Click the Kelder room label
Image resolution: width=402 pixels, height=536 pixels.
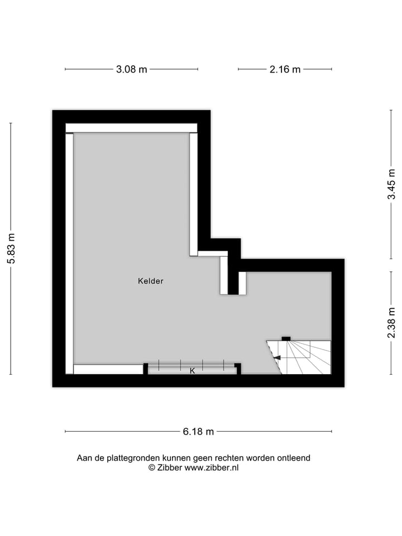(151, 281)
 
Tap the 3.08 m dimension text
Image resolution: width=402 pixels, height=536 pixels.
(132, 70)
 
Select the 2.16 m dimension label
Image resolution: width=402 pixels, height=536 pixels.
(285, 70)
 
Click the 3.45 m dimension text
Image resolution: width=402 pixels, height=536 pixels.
(393, 184)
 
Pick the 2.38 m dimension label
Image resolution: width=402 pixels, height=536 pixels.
(393, 323)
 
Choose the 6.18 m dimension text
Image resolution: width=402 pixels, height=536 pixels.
(198, 432)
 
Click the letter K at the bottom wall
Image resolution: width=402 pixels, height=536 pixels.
(192, 371)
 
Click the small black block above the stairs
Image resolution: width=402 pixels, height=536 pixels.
(286, 338)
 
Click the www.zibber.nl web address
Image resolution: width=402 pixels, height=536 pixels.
(212, 468)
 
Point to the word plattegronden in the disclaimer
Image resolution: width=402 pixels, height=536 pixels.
(128, 458)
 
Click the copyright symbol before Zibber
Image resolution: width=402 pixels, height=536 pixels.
(151, 468)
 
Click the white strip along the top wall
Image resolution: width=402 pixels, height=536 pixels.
(131, 128)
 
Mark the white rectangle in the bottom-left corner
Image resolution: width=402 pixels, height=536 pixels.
(108, 369)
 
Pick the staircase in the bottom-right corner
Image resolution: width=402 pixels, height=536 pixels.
(304, 357)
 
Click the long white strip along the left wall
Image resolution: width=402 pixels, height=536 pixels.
(69, 251)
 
